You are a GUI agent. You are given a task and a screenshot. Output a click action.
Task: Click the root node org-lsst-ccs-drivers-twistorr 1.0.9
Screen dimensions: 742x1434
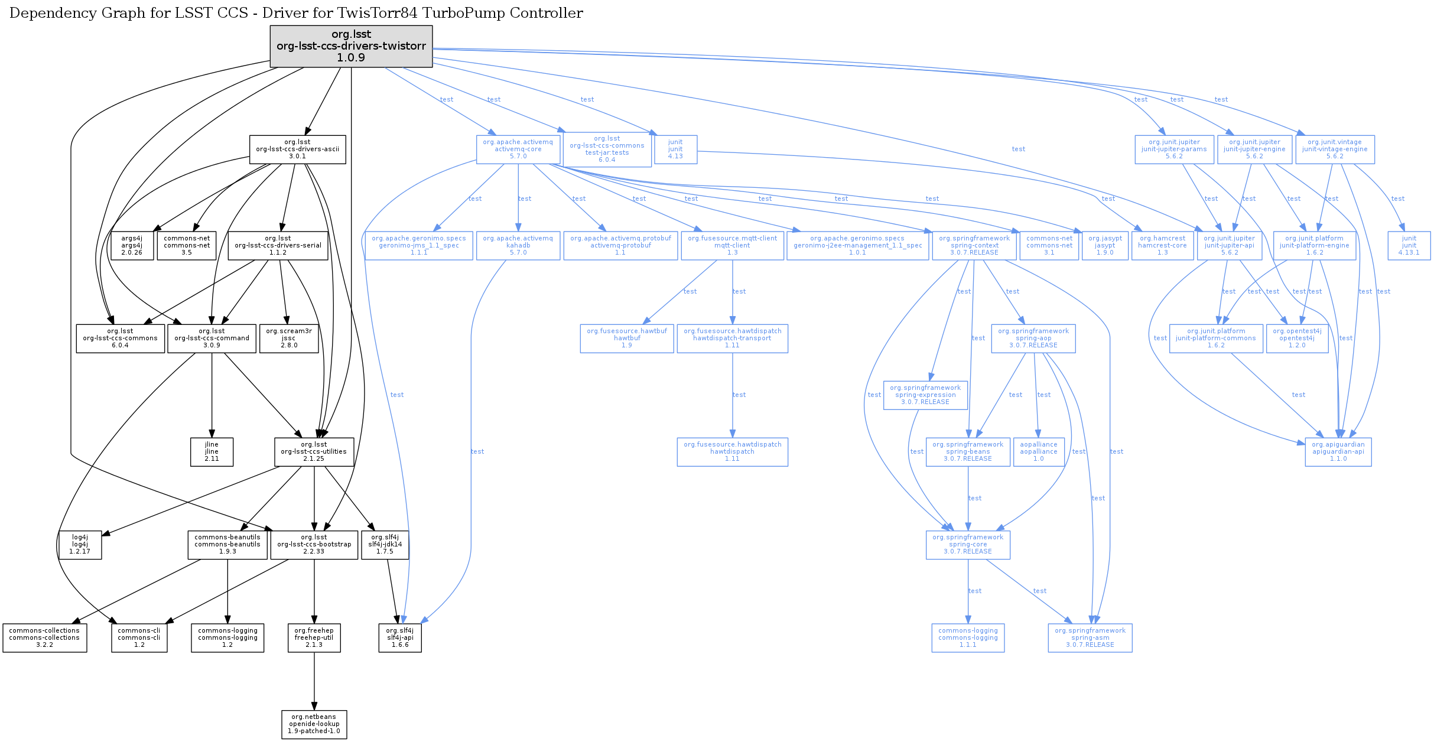click(x=351, y=46)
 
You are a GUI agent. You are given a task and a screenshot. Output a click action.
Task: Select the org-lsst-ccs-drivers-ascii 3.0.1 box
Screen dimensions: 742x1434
click(x=297, y=149)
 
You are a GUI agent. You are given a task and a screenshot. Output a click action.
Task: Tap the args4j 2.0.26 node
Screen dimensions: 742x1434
click(x=132, y=246)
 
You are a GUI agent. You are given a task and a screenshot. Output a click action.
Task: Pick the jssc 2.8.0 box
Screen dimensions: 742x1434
click(x=289, y=339)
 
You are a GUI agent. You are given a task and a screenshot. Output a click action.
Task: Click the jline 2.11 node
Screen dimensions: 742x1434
click(x=212, y=452)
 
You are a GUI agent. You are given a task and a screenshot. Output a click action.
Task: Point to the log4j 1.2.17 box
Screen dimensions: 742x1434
click(x=80, y=545)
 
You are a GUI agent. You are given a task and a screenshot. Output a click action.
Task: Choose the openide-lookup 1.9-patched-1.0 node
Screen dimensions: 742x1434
click(x=314, y=724)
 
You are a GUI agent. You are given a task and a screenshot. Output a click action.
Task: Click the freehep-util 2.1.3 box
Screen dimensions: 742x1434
click(x=314, y=638)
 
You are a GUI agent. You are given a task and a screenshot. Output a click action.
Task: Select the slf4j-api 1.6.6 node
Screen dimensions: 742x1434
click(x=400, y=638)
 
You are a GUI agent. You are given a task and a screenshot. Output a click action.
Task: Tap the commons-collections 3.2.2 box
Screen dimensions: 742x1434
click(x=44, y=638)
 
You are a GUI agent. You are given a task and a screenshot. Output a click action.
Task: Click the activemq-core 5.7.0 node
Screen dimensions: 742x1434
click(x=518, y=149)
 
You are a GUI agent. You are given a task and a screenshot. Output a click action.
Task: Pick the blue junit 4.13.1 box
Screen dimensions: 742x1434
click(x=1409, y=246)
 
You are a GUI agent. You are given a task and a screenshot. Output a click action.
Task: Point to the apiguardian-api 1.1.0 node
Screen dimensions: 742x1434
click(x=1338, y=452)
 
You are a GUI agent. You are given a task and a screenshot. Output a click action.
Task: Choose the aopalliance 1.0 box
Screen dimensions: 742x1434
click(x=1038, y=452)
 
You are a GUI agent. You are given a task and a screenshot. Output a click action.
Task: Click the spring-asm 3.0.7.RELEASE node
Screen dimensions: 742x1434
click(x=1090, y=638)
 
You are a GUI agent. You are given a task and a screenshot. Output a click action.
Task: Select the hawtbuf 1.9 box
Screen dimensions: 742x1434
click(x=626, y=339)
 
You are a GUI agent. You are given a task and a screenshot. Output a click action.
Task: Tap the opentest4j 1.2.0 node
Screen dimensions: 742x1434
click(x=1297, y=339)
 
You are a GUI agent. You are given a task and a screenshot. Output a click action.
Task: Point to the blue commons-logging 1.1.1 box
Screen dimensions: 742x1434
click(x=968, y=638)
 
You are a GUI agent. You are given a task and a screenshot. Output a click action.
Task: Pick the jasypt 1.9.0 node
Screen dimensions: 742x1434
click(x=1104, y=246)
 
